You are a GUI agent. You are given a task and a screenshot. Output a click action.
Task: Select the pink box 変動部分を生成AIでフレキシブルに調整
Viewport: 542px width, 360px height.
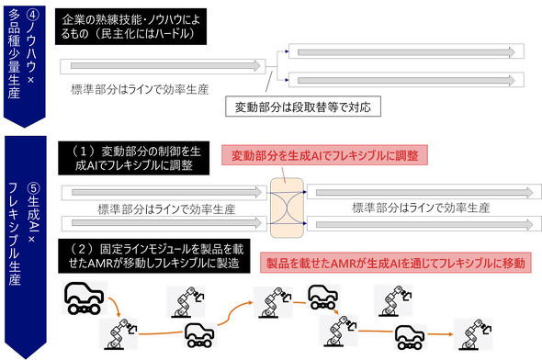(337, 156)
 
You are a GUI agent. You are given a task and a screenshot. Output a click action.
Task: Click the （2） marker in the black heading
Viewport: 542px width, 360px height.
(75, 249)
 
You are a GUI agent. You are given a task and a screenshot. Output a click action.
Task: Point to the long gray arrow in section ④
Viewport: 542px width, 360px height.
(164, 66)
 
